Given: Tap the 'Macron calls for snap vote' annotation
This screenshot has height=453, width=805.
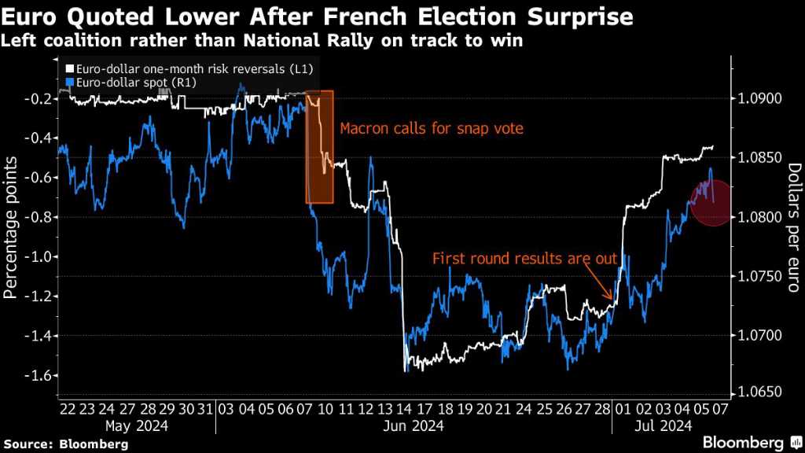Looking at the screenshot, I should (x=431, y=128).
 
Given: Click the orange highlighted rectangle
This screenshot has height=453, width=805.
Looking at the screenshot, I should (x=319, y=147).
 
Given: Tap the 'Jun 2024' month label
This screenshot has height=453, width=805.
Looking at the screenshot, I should (x=414, y=426).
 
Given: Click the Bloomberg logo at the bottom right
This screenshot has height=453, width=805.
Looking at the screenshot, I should (x=752, y=442).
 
